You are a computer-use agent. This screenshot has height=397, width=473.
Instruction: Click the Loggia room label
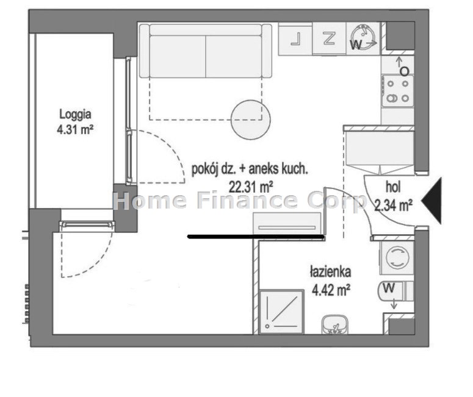[x=75, y=115]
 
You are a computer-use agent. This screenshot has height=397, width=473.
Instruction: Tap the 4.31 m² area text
[x=75, y=130]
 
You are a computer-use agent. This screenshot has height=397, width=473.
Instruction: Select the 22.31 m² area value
[x=251, y=187]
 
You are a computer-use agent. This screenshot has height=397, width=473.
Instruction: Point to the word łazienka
[x=330, y=272]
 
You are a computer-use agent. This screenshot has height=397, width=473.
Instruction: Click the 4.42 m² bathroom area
[x=331, y=291]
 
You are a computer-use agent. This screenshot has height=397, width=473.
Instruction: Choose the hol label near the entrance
[x=394, y=187]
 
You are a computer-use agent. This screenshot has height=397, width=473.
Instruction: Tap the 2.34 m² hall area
[x=394, y=206]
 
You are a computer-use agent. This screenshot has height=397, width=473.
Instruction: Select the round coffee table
[x=250, y=120]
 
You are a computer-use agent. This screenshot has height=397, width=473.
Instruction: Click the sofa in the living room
[x=206, y=51]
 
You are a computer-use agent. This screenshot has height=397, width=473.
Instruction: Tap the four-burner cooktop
[x=397, y=91]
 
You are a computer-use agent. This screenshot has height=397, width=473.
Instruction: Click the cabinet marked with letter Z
[x=329, y=38]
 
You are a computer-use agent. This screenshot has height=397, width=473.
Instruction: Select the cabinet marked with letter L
[x=295, y=39]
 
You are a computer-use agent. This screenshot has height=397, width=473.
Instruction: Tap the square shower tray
[x=281, y=312]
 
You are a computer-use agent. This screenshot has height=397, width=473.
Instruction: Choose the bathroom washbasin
[x=335, y=324]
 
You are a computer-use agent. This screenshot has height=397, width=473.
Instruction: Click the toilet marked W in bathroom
[x=395, y=291]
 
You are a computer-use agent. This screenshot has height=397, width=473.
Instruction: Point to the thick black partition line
[x=256, y=237]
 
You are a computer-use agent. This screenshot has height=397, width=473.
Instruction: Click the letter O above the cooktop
[x=404, y=72]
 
